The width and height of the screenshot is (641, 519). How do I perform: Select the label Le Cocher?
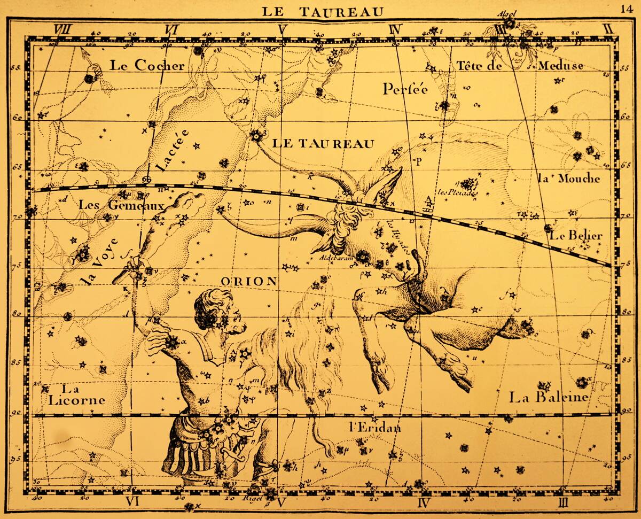[x=147, y=65]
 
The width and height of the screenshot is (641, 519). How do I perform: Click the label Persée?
[x=405, y=89]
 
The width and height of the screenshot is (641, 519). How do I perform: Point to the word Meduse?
[x=560, y=66]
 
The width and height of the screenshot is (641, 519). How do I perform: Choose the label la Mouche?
[x=568, y=179]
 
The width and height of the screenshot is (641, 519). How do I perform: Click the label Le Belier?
[x=576, y=235]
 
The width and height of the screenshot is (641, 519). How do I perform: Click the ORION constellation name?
[x=248, y=281]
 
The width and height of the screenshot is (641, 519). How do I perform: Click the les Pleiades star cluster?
[x=468, y=184]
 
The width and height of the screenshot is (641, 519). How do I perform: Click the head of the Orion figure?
[x=216, y=310]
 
